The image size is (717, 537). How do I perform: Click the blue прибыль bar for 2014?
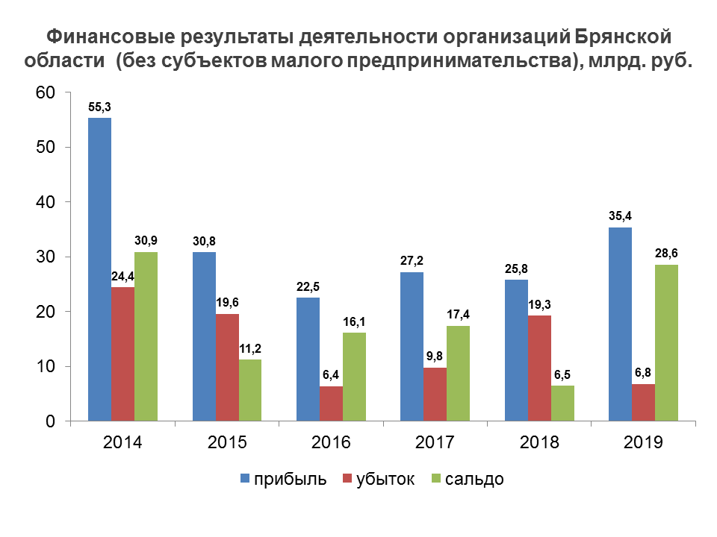click(x=100, y=269)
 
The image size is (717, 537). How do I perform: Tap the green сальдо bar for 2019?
click(x=666, y=342)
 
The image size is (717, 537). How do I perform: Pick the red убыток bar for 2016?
click(x=332, y=403)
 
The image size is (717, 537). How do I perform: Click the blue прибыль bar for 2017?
click(x=412, y=346)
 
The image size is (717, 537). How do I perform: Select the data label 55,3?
click(x=100, y=107)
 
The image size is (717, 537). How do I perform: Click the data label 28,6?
click(x=666, y=254)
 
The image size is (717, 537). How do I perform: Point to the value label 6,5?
click(x=562, y=374)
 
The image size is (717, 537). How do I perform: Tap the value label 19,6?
click(x=227, y=303)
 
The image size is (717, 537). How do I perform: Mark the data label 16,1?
click(x=354, y=321)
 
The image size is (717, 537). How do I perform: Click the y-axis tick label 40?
click(x=47, y=202)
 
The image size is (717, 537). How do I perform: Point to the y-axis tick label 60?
click(x=47, y=92)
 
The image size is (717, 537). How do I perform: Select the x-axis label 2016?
click(x=332, y=442)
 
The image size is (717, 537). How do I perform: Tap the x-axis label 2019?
click(x=644, y=442)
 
